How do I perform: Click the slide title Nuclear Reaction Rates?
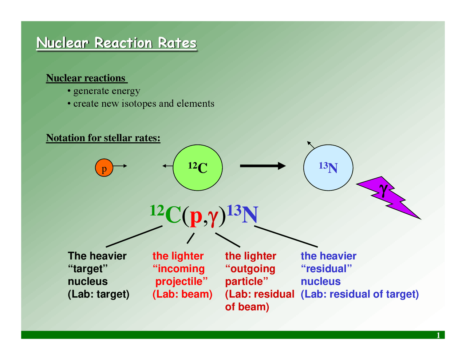point(116,43)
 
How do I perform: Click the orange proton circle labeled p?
point(104,168)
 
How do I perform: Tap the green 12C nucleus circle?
point(198,167)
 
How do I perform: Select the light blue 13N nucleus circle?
point(328,167)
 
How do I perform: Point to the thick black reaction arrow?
point(262,166)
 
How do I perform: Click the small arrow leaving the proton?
point(121,166)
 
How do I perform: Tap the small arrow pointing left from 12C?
point(167,166)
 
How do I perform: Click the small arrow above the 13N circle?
point(311,145)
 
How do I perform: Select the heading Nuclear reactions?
point(86,78)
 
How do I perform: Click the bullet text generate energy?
point(107,91)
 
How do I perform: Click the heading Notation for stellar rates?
point(103,138)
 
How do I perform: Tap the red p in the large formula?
point(196,216)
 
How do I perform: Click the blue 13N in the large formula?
point(243,215)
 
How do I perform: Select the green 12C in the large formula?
point(166,215)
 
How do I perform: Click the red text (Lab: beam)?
point(182,294)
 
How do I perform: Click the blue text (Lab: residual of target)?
point(360,294)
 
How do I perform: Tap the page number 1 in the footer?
point(438,335)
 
